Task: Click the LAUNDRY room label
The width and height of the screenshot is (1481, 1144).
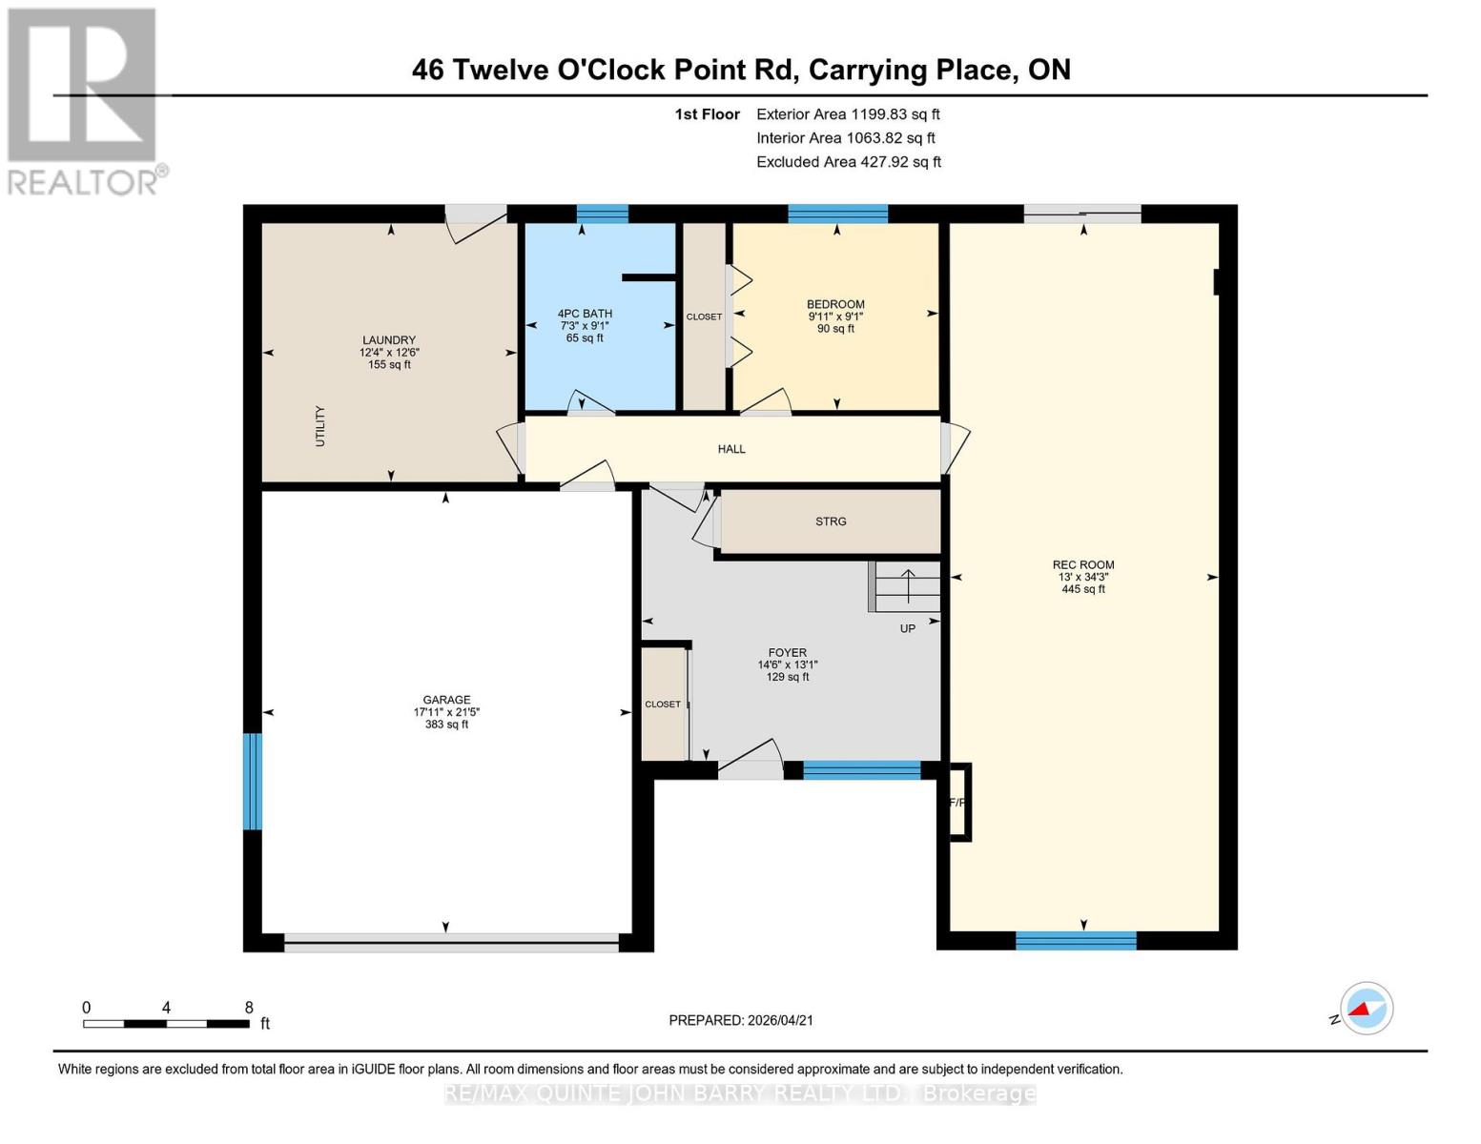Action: pyautogui.click(x=389, y=340)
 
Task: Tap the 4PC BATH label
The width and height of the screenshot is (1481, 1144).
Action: pyautogui.click(x=585, y=314)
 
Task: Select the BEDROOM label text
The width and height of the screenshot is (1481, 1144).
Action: pyautogui.click(x=835, y=304)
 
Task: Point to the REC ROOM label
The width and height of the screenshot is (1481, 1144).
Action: pyautogui.click(x=1083, y=564)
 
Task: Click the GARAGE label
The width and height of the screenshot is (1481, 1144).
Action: pyautogui.click(x=446, y=700)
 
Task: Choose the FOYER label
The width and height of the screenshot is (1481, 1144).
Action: pyautogui.click(x=788, y=653)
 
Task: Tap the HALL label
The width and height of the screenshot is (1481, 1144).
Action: pyautogui.click(x=731, y=449)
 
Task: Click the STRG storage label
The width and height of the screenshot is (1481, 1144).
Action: pyautogui.click(x=831, y=521)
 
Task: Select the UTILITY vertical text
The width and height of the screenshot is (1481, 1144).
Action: pyautogui.click(x=320, y=426)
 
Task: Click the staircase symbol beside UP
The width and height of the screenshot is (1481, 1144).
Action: pyautogui.click(x=907, y=585)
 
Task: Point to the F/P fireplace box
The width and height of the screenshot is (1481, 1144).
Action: pyautogui.click(x=957, y=803)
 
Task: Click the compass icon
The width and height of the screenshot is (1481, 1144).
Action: pyautogui.click(x=1366, y=1008)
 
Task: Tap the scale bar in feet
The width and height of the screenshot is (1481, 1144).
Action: pyautogui.click(x=166, y=1024)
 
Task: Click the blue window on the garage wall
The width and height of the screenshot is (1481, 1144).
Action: pyautogui.click(x=253, y=781)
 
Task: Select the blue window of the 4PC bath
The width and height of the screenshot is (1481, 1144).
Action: pyautogui.click(x=602, y=214)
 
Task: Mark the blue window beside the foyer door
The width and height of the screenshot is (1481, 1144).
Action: pyautogui.click(x=861, y=770)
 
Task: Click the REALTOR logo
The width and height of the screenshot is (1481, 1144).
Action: pyautogui.click(x=84, y=100)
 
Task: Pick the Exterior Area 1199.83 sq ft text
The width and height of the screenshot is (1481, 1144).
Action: pyautogui.click(x=848, y=114)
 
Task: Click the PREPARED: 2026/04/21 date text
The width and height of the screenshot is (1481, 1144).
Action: pyautogui.click(x=741, y=1020)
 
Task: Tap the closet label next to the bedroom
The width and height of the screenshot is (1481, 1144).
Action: pyautogui.click(x=704, y=317)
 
